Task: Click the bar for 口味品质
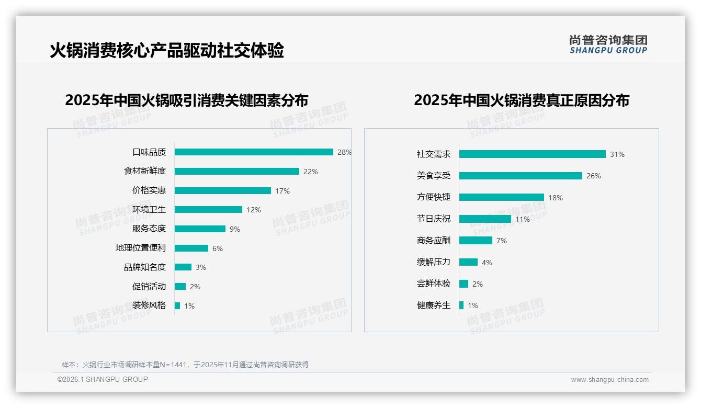pyautogui.click(x=254, y=152)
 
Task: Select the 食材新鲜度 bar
pyautogui.click(x=236, y=172)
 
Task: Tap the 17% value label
pyautogui.click(x=282, y=191)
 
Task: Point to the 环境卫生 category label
pyautogui.click(x=149, y=209)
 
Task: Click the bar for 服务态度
pyautogui.click(x=200, y=229)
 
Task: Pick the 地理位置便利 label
pyautogui.click(x=141, y=248)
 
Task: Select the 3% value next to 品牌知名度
pyautogui.click(x=201, y=267)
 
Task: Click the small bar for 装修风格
pyautogui.click(x=177, y=305)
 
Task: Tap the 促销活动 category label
pyautogui.click(x=149, y=286)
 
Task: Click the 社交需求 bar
pyautogui.click(x=532, y=154)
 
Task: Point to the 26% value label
pyautogui.click(x=594, y=176)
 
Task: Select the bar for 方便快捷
pyautogui.click(x=501, y=197)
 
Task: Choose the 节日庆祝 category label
pyautogui.click(x=434, y=219)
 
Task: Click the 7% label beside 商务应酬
pyautogui.click(x=502, y=241)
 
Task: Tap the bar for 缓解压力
pyautogui.click(x=468, y=262)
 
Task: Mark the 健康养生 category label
pyautogui.click(x=434, y=305)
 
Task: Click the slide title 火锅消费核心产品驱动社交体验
pyautogui.click(x=167, y=51)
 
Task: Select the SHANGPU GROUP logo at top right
pyautogui.click(x=608, y=44)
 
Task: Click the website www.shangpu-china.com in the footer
pyautogui.click(x=609, y=380)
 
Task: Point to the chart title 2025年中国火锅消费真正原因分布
pyautogui.click(x=522, y=100)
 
